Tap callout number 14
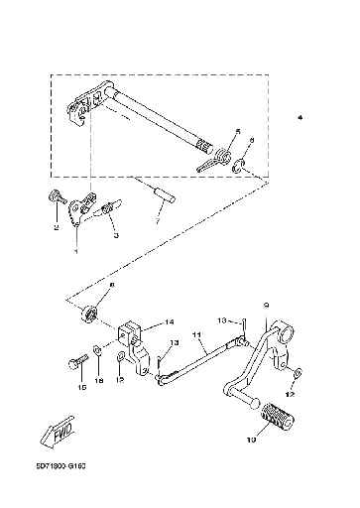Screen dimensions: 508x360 pos(170,320)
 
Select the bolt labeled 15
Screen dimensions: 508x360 pos(75,364)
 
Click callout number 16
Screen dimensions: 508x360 pos(98,380)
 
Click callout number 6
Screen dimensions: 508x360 pos(252,141)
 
